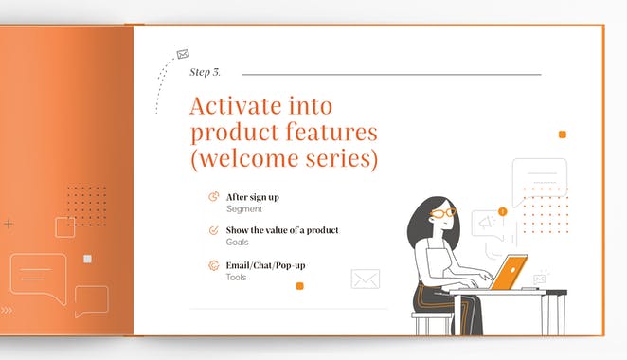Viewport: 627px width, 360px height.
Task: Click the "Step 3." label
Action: (x=205, y=73)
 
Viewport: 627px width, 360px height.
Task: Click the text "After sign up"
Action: (x=252, y=197)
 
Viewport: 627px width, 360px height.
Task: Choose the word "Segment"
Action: (x=243, y=209)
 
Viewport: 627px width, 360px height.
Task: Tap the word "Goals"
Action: (x=237, y=243)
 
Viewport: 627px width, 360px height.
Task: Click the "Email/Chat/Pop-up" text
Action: (x=265, y=264)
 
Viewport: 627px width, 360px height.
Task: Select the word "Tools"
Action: (x=236, y=277)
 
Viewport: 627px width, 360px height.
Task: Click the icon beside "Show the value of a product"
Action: (x=213, y=230)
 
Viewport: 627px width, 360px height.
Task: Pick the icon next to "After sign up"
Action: (x=213, y=197)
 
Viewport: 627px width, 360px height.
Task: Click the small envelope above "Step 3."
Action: (x=183, y=55)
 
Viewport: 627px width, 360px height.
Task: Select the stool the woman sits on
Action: (x=432, y=322)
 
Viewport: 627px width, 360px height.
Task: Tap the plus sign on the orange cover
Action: (x=9, y=225)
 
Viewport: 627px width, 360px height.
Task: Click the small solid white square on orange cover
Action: (x=88, y=259)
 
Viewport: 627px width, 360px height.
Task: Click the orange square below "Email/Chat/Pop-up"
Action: (x=299, y=285)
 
